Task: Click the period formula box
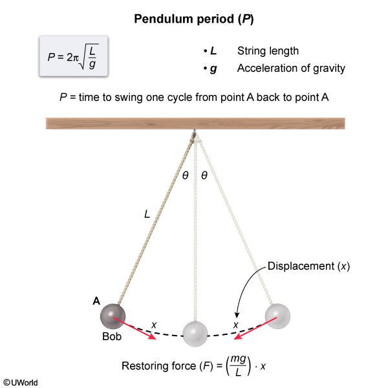72,58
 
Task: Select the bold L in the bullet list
213,51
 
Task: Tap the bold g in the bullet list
213,68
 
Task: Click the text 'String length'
268,51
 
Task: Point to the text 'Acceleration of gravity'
291,68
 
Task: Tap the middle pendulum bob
194,332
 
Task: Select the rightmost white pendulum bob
277,315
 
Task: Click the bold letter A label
96,300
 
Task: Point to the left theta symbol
186,175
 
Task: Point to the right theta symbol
204,175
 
